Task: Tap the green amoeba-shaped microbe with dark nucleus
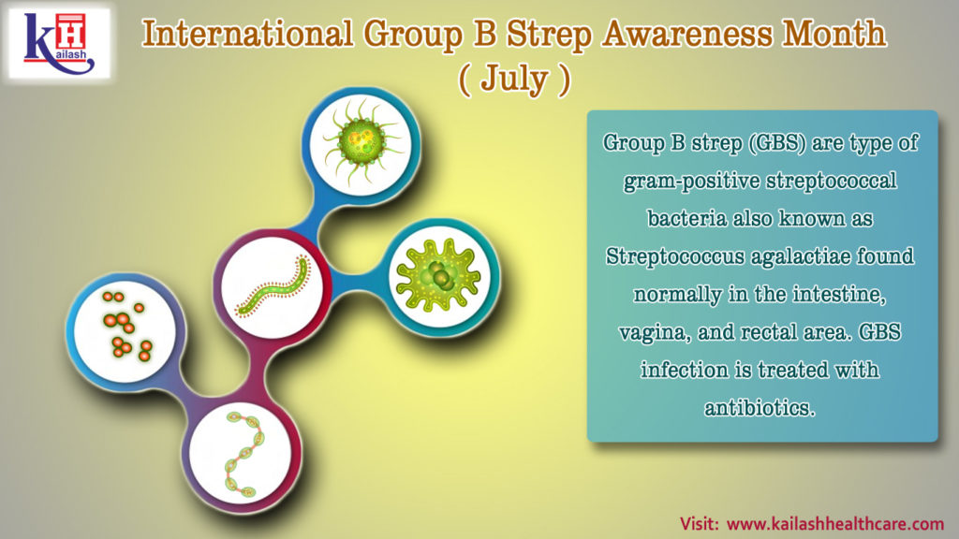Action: click(438, 275)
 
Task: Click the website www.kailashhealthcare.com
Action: click(834, 522)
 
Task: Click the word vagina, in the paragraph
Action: click(659, 331)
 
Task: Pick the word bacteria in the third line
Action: click(687, 218)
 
